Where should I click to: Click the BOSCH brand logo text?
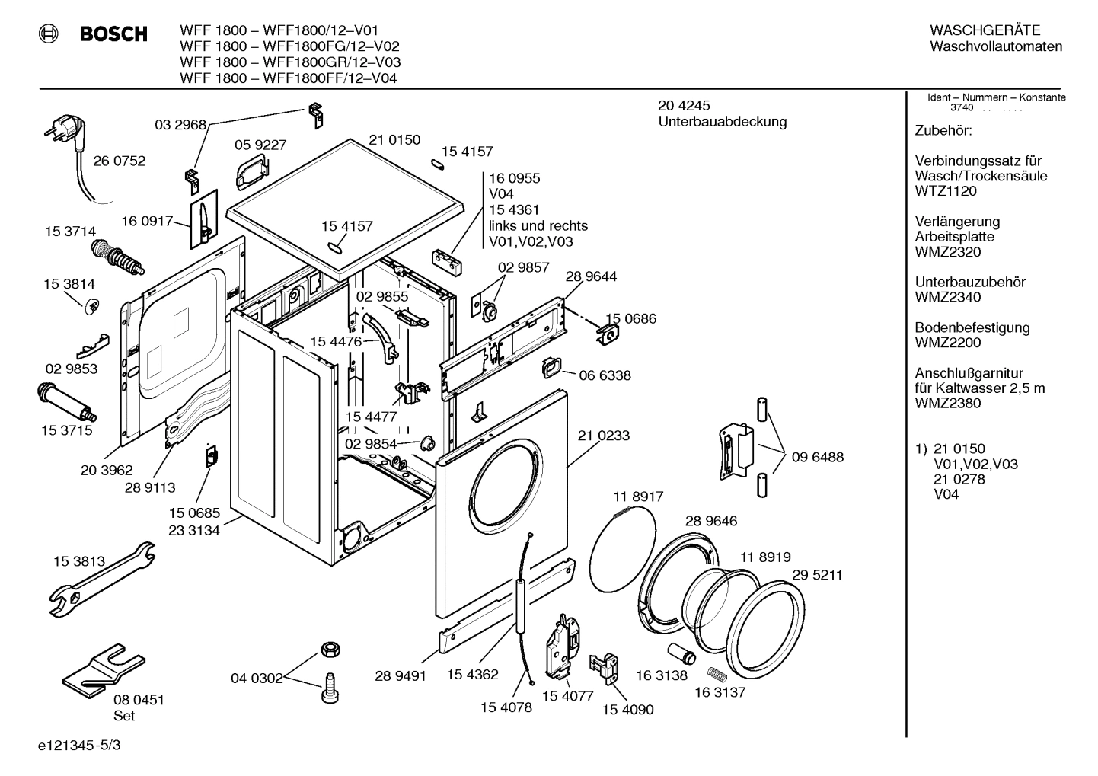(x=113, y=34)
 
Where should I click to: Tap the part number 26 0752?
(x=119, y=161)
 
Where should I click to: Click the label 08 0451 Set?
(x=139, y=707)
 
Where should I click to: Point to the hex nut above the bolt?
(x=329, y=649)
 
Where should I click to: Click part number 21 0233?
(x=603, y=436)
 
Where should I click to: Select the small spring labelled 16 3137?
(x=717, y=673)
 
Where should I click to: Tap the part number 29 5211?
(x=816, y=575)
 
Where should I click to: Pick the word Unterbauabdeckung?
(x=722, y=122)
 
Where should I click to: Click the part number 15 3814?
(x=69, y=284)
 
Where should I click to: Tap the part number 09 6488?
(x=817, y=457)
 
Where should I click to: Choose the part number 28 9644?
(x=591, y=276)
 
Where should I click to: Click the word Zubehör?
(x=943, y=131)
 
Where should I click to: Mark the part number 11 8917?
(x=637, y=497)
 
